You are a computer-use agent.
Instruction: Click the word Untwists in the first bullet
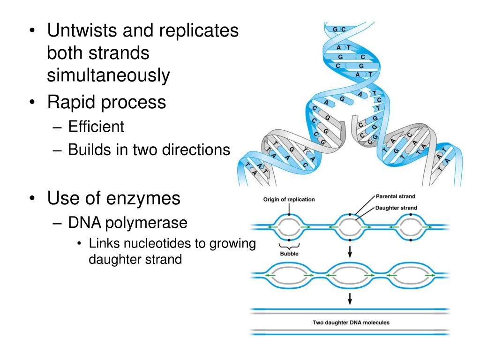(82, 31)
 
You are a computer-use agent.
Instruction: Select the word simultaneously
(108, 75)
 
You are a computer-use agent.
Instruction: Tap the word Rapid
(70, 102)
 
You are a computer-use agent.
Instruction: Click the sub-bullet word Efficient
(96, 127)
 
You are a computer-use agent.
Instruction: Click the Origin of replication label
(289, 199)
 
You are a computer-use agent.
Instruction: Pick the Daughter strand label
(396, 208)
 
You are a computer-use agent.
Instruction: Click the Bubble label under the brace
(289, 254)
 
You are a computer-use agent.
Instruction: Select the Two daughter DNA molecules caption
(351, 322)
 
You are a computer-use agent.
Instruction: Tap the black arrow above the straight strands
(350, 299)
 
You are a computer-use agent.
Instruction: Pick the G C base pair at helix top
(339, 30)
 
